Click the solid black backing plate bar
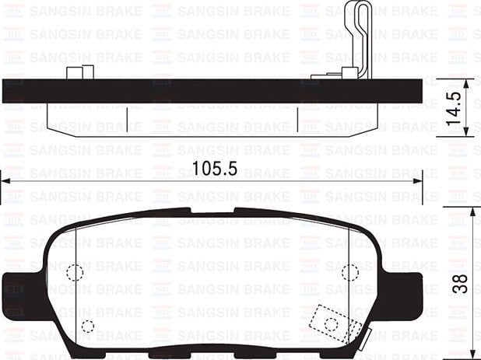[x=210, y=91]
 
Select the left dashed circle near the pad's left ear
[x=74, y=273]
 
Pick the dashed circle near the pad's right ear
[x=349, y=272]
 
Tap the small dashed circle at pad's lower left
[x=87, y=326]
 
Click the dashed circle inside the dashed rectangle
[x=331, y=323]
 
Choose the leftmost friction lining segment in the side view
[x=86, y=117]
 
